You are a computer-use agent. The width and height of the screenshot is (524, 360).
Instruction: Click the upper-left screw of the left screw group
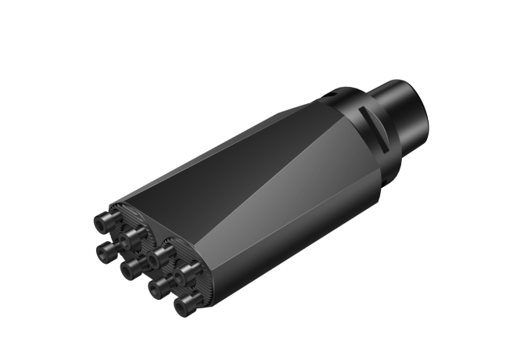click(102, 224)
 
